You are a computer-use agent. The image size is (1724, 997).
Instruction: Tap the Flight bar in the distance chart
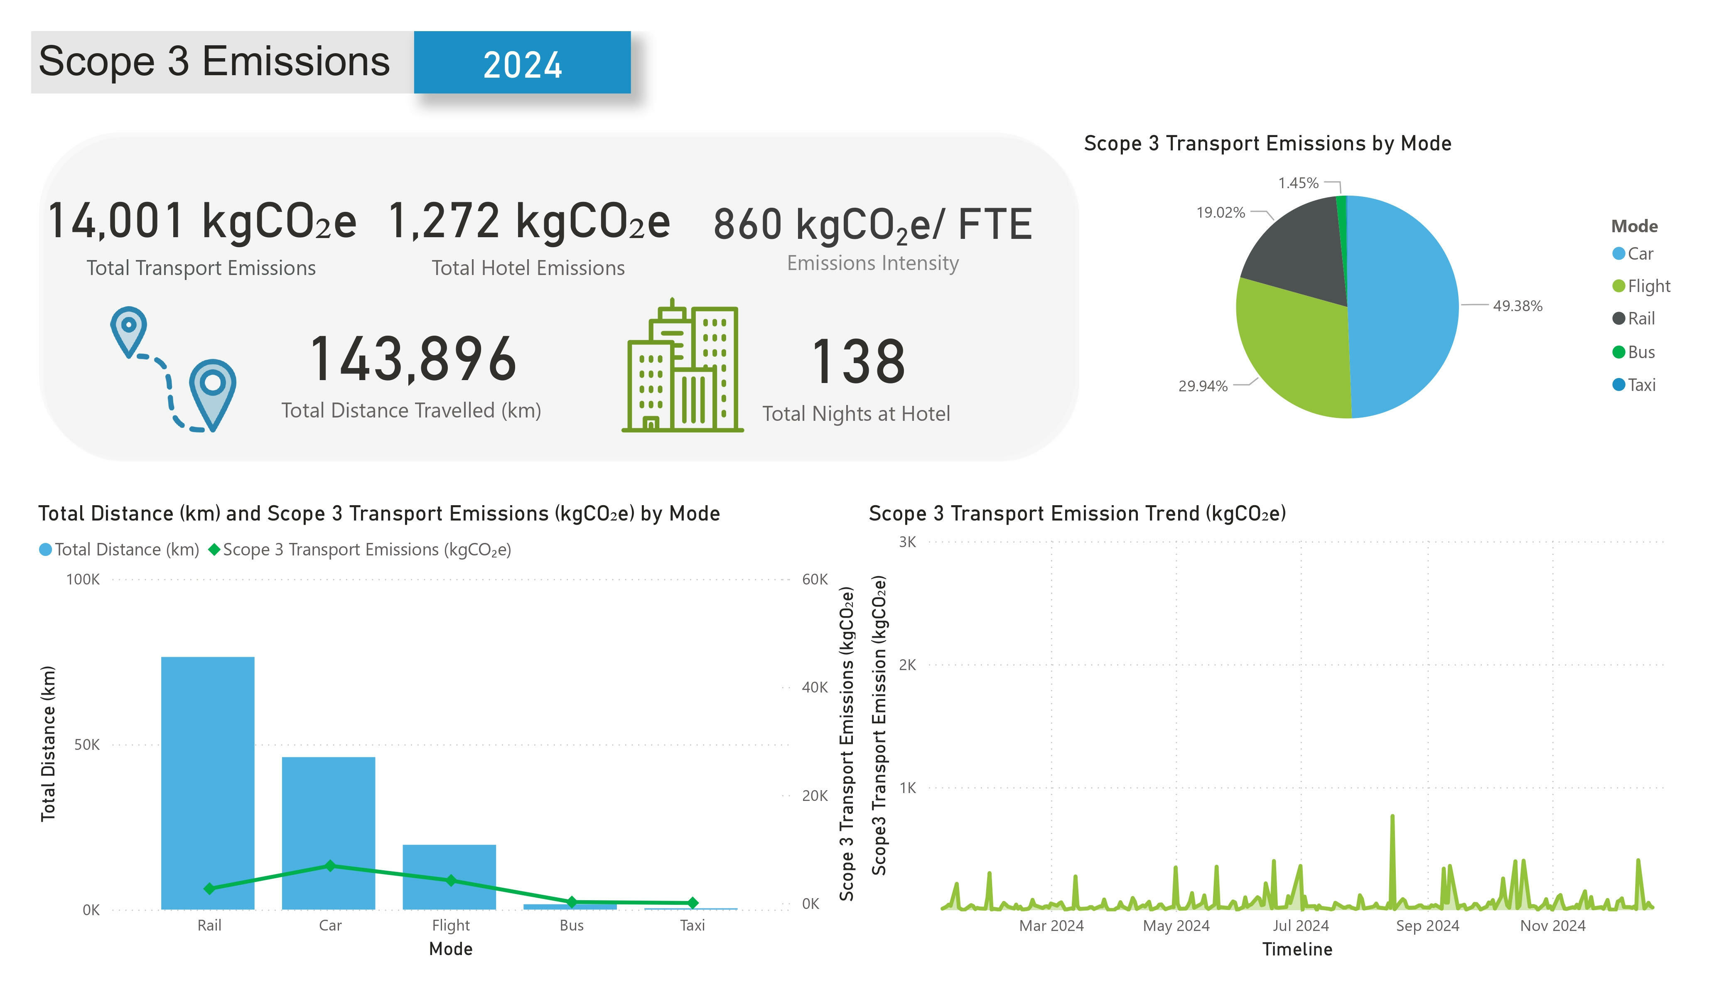449,876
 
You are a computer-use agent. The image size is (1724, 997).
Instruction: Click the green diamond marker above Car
330,866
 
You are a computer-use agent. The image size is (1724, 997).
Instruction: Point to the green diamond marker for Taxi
693,903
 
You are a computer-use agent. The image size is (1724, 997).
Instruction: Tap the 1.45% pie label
1298,183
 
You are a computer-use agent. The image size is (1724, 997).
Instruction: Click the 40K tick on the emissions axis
814,688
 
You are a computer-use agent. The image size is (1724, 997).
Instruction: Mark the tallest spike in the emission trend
1392,818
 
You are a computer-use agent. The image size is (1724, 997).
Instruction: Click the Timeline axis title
1297,949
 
